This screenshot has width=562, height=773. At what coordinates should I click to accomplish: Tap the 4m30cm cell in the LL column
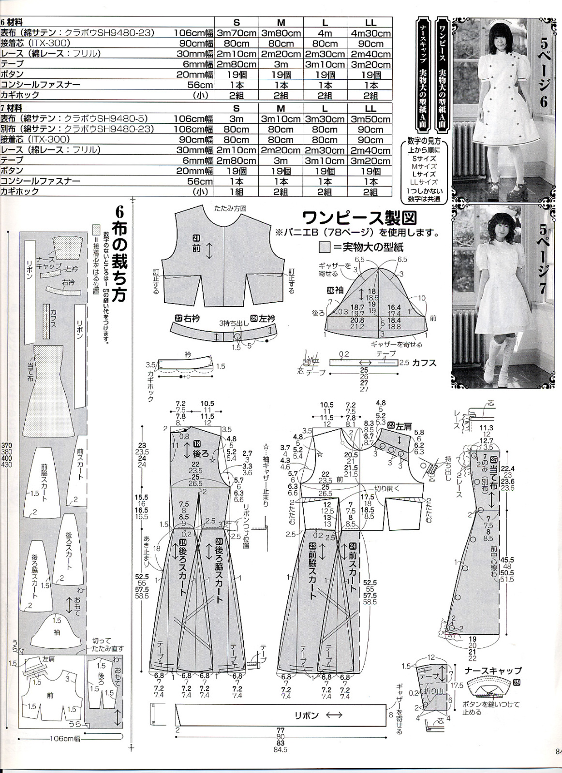pos(370,33)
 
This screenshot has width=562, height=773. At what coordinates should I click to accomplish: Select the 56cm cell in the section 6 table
pos(201,85)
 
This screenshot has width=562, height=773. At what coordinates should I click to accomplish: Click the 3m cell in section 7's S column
pos(237,119)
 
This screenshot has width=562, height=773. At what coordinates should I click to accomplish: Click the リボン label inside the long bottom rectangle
pos(307,715)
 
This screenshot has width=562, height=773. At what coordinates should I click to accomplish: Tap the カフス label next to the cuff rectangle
pos(426,363)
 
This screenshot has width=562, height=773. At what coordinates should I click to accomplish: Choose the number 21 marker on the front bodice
pos(196,238)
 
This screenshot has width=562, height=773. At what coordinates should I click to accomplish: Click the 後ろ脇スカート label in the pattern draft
pos(219,570)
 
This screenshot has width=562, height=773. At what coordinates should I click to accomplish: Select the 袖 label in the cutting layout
pos(57,632)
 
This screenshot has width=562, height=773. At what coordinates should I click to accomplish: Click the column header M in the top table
pos(281,23)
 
